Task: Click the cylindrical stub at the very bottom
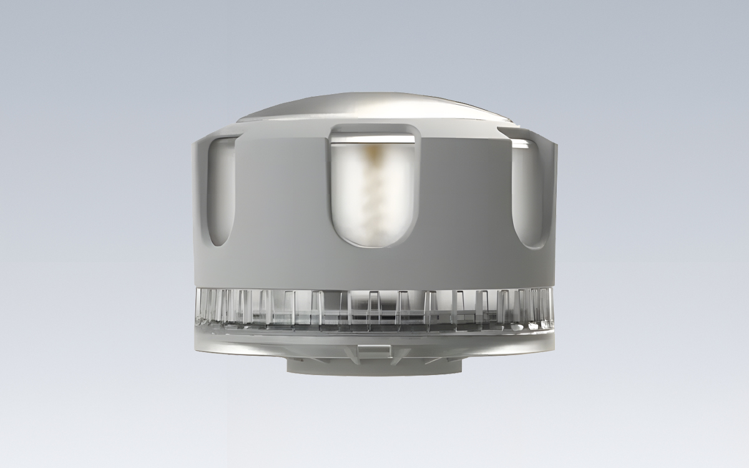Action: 374,368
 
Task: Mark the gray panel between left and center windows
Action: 281,206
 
